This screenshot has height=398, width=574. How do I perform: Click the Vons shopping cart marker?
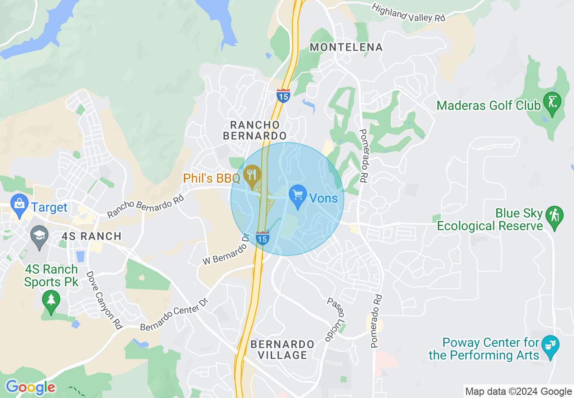coord(297,196)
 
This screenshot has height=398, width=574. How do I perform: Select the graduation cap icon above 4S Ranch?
coord(39,237)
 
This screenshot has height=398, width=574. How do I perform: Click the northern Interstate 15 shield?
coord(283,96)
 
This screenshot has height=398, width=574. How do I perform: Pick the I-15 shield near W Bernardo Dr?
coord(263,238)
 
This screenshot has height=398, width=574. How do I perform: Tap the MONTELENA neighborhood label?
coord(346,47)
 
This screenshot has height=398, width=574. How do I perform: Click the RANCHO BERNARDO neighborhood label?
coord(258,130)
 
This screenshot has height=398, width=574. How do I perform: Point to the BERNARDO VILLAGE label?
coord(282,350)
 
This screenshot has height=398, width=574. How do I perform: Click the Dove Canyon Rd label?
coord(105,300)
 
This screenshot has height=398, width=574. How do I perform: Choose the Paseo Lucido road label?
coord(335,319)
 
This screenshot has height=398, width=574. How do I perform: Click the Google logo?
coord(30,387)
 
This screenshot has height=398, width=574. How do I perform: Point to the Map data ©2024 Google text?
coord(519,392)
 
